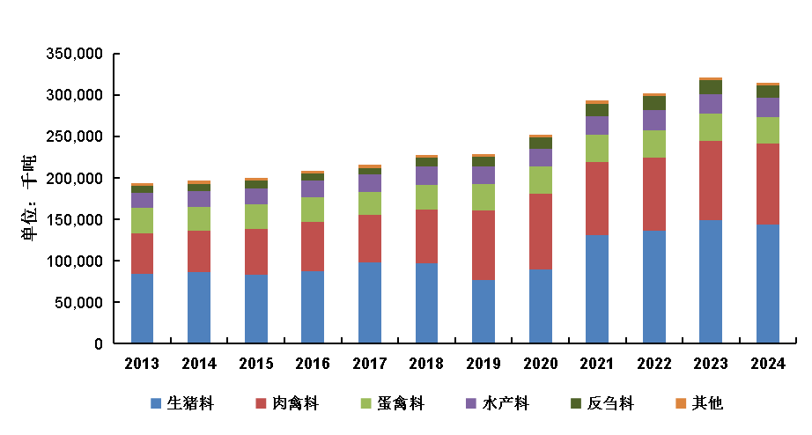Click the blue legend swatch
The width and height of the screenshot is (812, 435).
(156, 403)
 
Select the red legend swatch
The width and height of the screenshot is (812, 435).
(261, 403)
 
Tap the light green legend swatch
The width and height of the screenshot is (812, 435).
(365, 403)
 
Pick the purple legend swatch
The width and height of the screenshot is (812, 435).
(471, 403)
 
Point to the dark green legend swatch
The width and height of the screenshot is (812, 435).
(576, 403)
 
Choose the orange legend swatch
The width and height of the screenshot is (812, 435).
(681, 403)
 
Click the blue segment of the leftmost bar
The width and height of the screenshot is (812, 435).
(142, 308)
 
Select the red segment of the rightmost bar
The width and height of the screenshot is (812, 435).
(767, 184)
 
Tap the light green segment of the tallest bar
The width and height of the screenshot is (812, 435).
(711, 127)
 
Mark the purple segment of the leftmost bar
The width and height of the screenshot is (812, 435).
(142, 200)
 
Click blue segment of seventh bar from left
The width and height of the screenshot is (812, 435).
(483, 311)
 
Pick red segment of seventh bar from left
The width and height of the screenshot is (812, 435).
(483, 245)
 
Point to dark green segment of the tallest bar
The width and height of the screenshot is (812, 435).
(711, 87)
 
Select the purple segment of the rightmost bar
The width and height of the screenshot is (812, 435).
(767, 107)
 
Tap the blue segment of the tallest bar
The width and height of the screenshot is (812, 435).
(711, 281)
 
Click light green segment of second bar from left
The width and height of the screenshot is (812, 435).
(199, 218)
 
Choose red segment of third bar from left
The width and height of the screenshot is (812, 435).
(255, 251)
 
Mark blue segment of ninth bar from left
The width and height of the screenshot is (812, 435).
(597, 289)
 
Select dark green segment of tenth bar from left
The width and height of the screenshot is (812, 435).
(653, 103)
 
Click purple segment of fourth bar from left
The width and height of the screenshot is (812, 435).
(313, 188)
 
